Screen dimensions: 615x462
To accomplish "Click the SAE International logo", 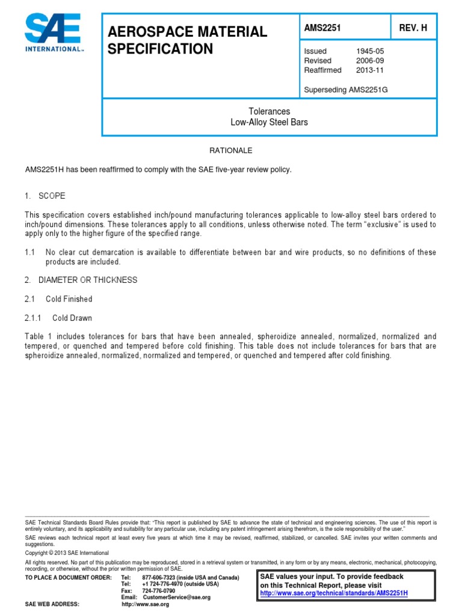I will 54,34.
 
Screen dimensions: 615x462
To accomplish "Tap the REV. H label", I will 413,28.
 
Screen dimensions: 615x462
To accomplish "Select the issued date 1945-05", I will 370,52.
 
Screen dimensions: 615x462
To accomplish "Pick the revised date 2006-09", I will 370,61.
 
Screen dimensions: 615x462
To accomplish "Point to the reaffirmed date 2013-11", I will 370,70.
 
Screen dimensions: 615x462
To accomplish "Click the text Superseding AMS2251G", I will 342,89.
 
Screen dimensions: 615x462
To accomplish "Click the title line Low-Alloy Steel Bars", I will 269,122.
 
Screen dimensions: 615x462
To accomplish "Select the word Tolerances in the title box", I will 269,111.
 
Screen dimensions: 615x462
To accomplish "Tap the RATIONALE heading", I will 230,150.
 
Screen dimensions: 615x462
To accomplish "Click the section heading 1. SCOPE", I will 46,196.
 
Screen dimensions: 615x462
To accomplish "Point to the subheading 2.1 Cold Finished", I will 59,298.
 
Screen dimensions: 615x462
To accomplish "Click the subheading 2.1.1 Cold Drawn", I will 59,318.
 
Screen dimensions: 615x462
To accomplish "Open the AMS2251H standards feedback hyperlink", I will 333,593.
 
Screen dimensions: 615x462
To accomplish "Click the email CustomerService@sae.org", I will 174,597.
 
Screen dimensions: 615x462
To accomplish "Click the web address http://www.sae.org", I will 146,604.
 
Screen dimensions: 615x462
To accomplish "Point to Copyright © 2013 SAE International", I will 67,552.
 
